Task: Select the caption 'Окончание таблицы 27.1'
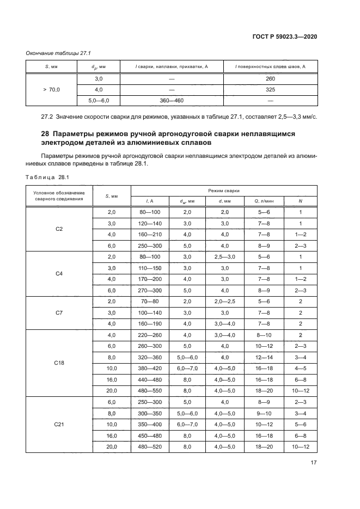[58, 53]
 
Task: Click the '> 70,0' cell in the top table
[52, 89]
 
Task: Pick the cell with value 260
[270, 78]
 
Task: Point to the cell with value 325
[270, 89]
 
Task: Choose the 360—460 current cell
[172, 101]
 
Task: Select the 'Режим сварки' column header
[224, 191]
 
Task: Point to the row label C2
[59, 229]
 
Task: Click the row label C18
[59, 363]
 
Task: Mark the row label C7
[59, 313]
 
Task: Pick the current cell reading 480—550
[150, 391]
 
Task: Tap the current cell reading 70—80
[150, 302]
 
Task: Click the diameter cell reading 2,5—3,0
[224, 257]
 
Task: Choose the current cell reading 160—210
[150, 235]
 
